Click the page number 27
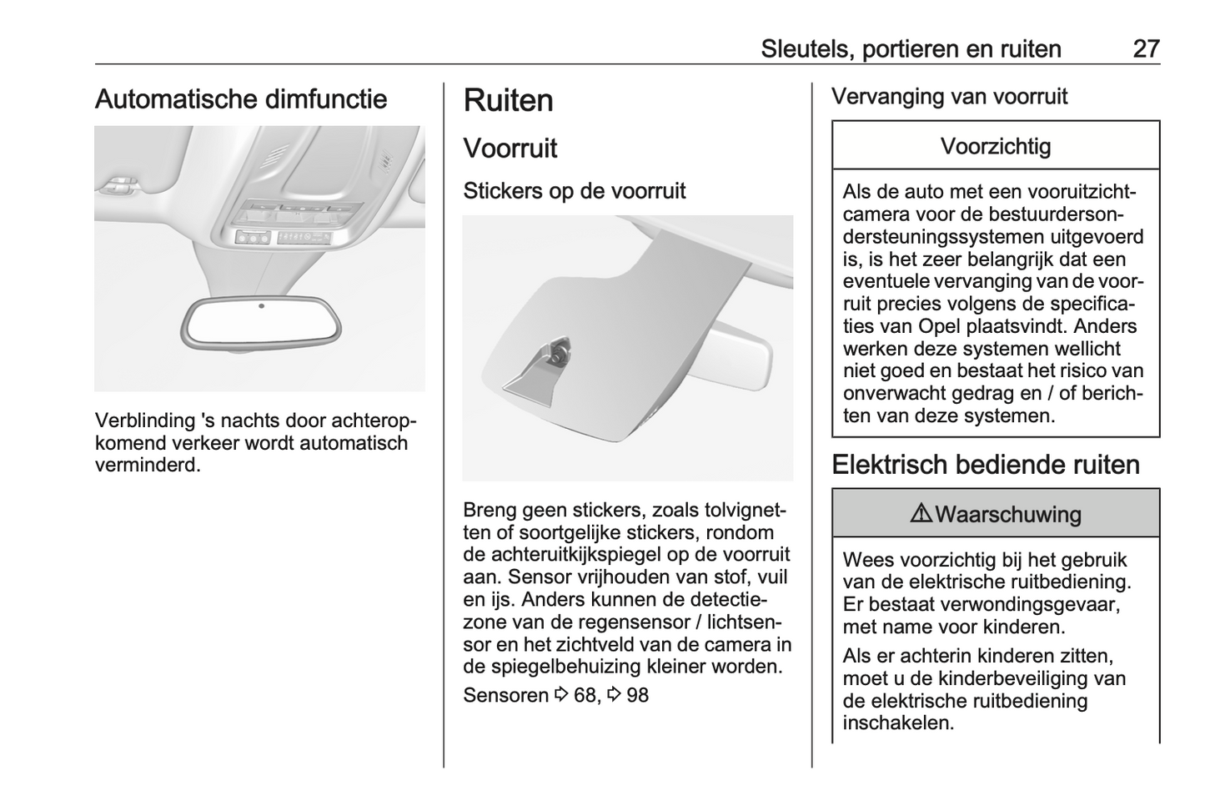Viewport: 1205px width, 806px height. click(x=1146, y=48)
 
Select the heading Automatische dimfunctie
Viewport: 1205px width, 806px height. click(x=241, y=99)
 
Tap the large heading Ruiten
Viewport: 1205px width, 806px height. click(x=508, y=101)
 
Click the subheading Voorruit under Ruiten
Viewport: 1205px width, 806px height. click(x=510, y=149)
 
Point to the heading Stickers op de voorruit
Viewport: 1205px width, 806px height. click(x=574, y=191)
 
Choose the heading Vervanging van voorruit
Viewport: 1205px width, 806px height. click(x=949, y=97)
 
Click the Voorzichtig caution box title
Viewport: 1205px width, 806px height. click(x=996, y=147)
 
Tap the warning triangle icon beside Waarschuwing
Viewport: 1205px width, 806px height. click(x=921, y=514)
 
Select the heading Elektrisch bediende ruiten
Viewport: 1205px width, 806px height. click(x=985, y=465)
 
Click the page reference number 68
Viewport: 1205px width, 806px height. click(x=585, y=695)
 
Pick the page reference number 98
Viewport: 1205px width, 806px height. click(x=637, y=695)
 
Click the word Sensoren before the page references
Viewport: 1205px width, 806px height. click(x=505, y=695)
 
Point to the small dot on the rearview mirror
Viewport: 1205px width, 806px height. click(x=261, y=306)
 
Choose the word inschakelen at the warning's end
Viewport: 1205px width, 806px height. click(x=897, y=723)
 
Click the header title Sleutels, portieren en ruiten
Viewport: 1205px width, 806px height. click(x=911, y=48)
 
